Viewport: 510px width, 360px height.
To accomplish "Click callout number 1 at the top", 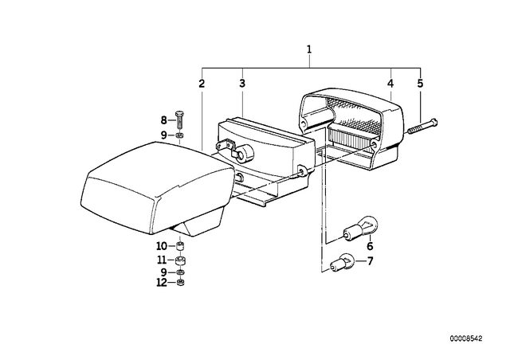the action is point(309,49).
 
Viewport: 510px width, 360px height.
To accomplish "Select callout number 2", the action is point(202,84).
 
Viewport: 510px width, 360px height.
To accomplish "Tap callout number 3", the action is point(242,84).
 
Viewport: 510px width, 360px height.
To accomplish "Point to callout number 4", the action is point(390,84).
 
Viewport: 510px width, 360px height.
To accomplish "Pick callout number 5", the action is point(420,84).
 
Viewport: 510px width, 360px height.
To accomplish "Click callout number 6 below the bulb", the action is point(370,246).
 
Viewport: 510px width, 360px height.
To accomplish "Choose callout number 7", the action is point(370,260).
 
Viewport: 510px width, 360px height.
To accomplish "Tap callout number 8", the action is point(163,120).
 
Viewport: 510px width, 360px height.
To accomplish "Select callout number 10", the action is point(162,246).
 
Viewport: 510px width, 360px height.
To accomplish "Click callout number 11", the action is point(162,260).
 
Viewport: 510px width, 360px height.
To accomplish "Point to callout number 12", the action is point(162,282).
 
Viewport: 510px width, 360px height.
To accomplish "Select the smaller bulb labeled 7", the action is point(342,262).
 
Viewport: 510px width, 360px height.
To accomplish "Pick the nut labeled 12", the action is point(180,282).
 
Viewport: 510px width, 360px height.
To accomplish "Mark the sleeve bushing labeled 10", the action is point(180,246).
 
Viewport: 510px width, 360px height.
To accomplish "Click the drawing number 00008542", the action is point(466,338).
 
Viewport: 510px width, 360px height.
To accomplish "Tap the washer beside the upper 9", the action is point(179,135).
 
